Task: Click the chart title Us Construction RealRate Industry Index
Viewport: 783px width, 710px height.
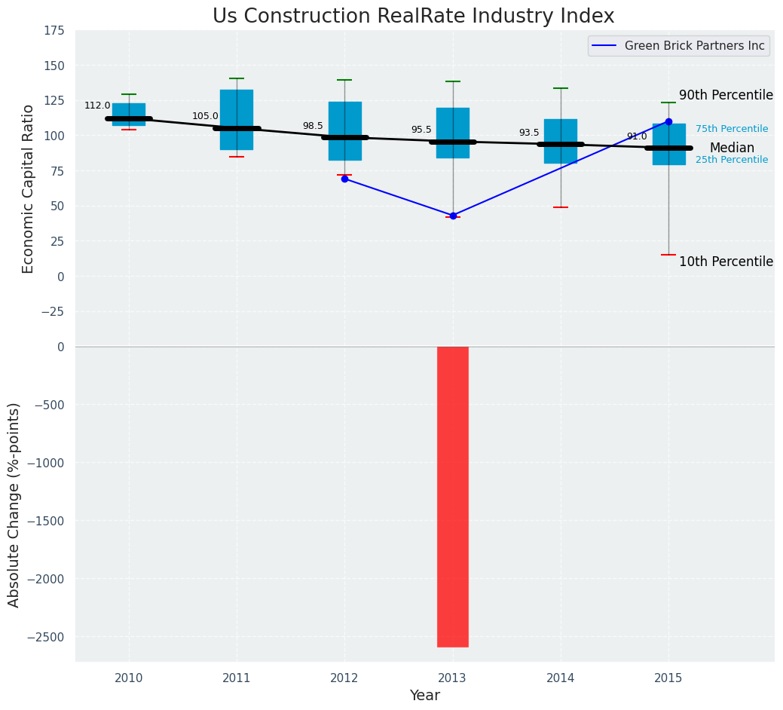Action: (413, 17)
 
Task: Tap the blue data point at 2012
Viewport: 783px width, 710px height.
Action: (344, 179)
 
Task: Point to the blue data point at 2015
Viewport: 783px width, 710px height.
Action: (668, 121)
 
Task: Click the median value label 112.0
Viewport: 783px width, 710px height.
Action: (97, 106)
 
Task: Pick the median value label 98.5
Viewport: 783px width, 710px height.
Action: (313, 126)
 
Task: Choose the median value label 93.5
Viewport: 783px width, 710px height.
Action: (529, 133)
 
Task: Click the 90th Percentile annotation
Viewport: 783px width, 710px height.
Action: (726, 95)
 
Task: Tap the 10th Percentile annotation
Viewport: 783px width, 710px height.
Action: (726, 262)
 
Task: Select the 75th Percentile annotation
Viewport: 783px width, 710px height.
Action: (731, 129)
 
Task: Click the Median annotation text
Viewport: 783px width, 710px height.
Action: (731, 148)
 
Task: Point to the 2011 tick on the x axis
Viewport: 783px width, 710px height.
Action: (237, 678)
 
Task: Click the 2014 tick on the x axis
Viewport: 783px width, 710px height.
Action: (561, 678)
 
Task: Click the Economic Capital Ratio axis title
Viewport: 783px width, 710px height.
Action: (29, 188)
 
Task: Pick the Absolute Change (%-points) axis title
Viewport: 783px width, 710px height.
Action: (14, 504)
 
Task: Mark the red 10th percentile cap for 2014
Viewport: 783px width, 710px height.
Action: (561, 207)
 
